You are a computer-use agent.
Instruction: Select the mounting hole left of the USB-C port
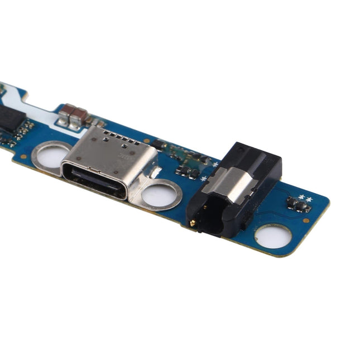(51, 155)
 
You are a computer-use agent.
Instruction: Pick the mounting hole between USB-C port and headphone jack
(161, 195)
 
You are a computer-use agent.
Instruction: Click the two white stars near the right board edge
(305, 198)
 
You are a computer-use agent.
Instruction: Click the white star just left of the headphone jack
(203, 178)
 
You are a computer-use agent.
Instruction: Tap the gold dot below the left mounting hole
(24, 156)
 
